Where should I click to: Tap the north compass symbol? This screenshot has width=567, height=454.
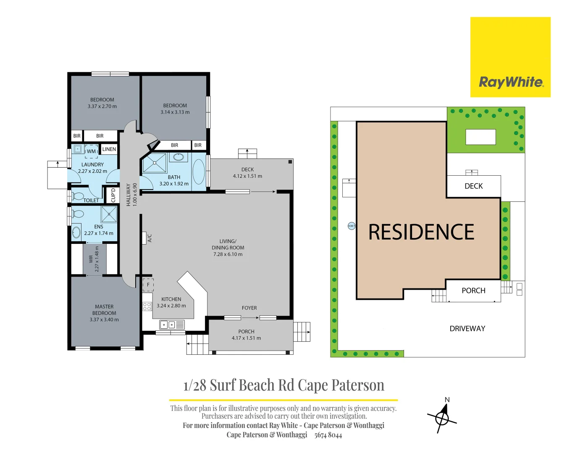[x=442, y=417]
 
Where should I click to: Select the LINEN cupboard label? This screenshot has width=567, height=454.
[x=109, y=149]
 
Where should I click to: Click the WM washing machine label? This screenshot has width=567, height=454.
[x=91, y=151]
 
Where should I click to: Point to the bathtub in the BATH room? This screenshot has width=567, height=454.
[x=199, y=172]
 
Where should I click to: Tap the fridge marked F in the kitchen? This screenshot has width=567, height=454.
[x=148, y=285]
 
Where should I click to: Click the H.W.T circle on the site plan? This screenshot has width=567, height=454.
[x=352, y=226]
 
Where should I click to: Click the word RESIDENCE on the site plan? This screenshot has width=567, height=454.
[x=421, y=232]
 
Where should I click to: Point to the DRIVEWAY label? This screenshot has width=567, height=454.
[x=467, y=329]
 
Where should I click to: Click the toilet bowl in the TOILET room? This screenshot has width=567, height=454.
[x=78, y=196]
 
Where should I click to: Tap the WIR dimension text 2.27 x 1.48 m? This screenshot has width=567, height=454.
[x=97, y=259]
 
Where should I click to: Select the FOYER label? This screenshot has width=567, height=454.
[x=249, y=308]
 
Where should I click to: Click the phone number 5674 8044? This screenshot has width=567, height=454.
[x=328, y=435]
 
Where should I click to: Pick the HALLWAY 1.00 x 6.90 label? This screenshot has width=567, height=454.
[x=131, y=194]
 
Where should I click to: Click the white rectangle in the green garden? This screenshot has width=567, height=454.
[x=480, y=137]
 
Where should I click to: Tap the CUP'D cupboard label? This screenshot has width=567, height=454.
[x=113, y=195]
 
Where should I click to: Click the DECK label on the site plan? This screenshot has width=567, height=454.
[x=473, y=186]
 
